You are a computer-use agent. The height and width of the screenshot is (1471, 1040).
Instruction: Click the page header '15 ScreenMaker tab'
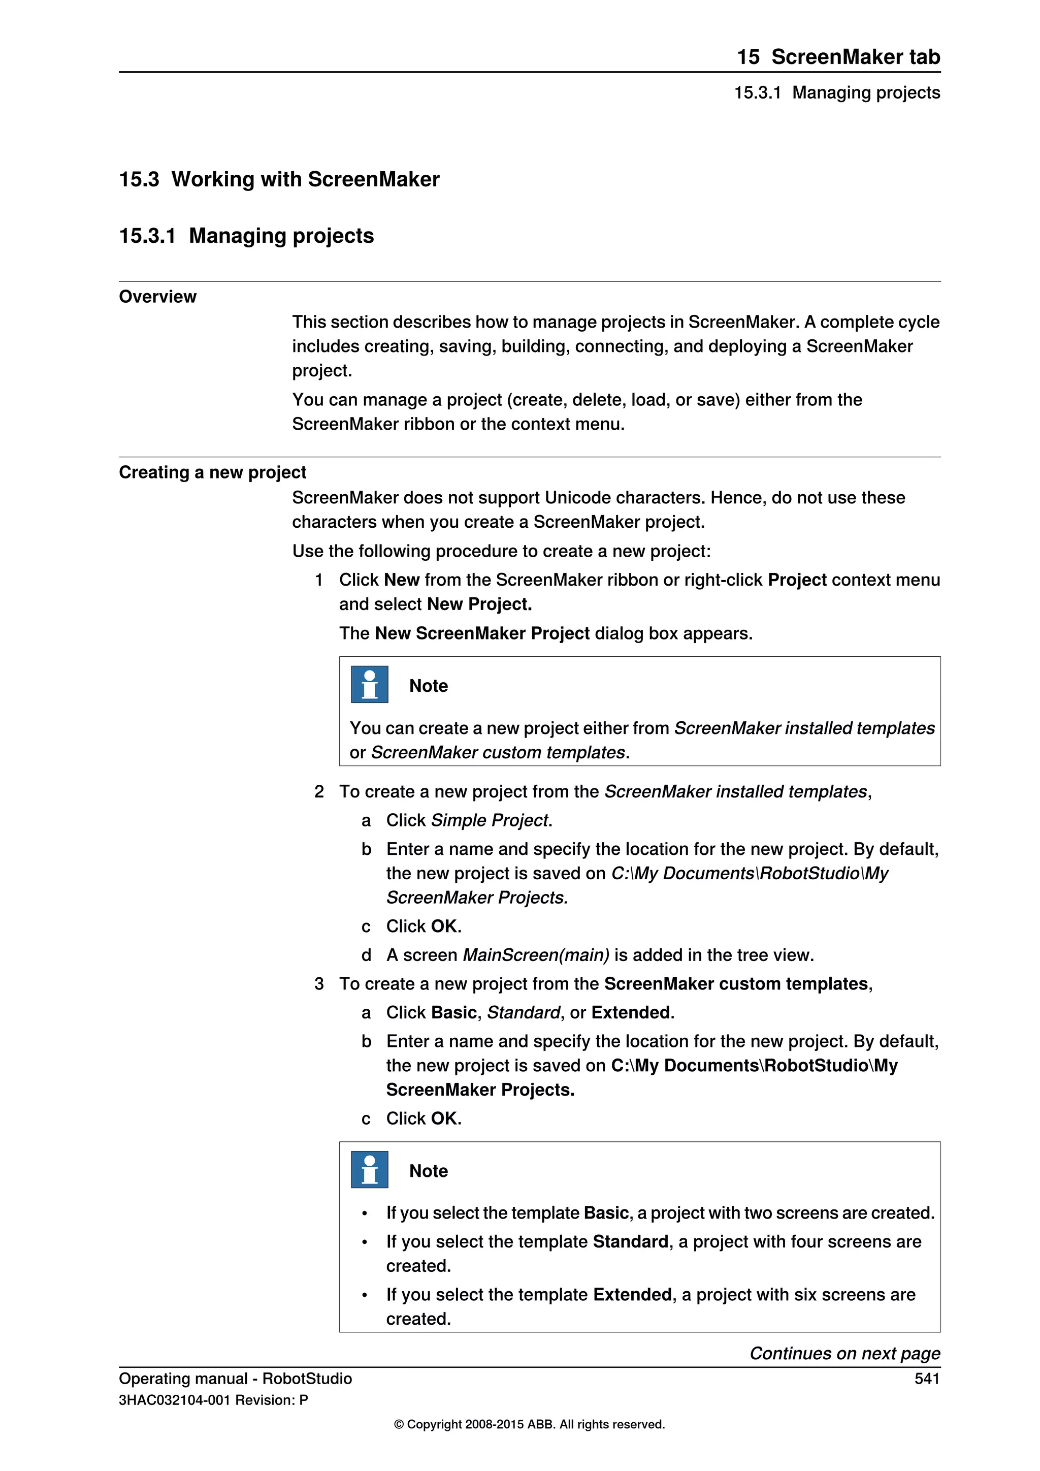coord(837,57)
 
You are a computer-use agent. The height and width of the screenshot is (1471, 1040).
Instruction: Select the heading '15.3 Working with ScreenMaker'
coord(279,179)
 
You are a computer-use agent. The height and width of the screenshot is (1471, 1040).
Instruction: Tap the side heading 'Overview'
coord(157,297)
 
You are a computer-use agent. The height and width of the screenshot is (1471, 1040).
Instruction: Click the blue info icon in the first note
coord(370,684)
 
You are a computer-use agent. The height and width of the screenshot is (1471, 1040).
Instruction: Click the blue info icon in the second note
coord(370,1169)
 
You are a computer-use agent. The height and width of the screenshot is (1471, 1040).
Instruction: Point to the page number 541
coord(927,1378)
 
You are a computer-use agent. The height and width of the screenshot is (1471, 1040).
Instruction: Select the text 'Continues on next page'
coord(844,1353)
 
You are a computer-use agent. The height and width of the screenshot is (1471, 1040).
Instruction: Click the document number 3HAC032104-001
coord(174,1400)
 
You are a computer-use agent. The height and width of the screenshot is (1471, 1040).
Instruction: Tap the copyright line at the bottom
coord(529,1424)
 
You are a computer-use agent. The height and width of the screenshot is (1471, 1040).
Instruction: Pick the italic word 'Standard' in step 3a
coord(523,1012)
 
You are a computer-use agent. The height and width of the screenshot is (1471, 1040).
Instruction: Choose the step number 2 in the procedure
coord(319,792)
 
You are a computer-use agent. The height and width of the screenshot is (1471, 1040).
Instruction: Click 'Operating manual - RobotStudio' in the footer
coord(235,1378)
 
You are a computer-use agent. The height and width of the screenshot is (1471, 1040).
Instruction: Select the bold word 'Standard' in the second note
coord(630,1241)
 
